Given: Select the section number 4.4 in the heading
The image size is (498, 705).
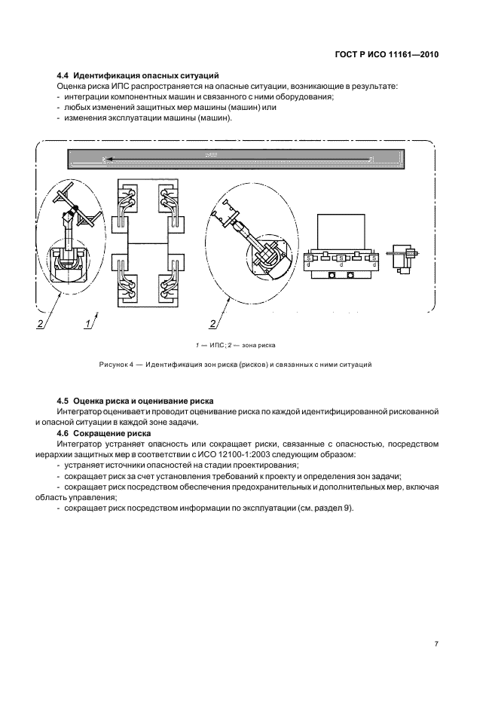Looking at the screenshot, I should coord(63,75).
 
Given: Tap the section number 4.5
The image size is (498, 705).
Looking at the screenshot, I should coord(63,401).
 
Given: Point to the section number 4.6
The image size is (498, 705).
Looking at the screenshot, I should coord(63,434).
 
